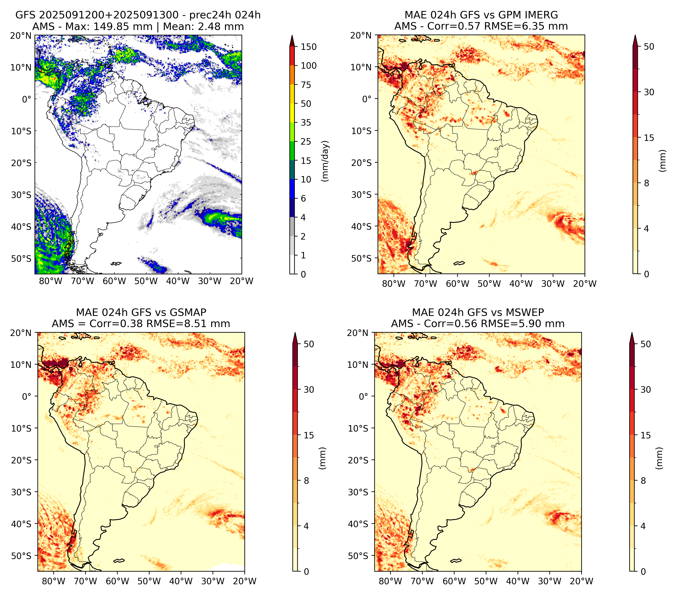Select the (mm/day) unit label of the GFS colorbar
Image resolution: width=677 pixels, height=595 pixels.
point(326,161)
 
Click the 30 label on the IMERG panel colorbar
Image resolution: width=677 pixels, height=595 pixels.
point(649,92)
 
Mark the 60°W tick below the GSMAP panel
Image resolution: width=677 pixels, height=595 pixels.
point(118,581)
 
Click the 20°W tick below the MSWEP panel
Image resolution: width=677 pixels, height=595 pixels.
point(582,581)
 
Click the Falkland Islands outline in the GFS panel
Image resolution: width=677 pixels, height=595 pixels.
point(116,264)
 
